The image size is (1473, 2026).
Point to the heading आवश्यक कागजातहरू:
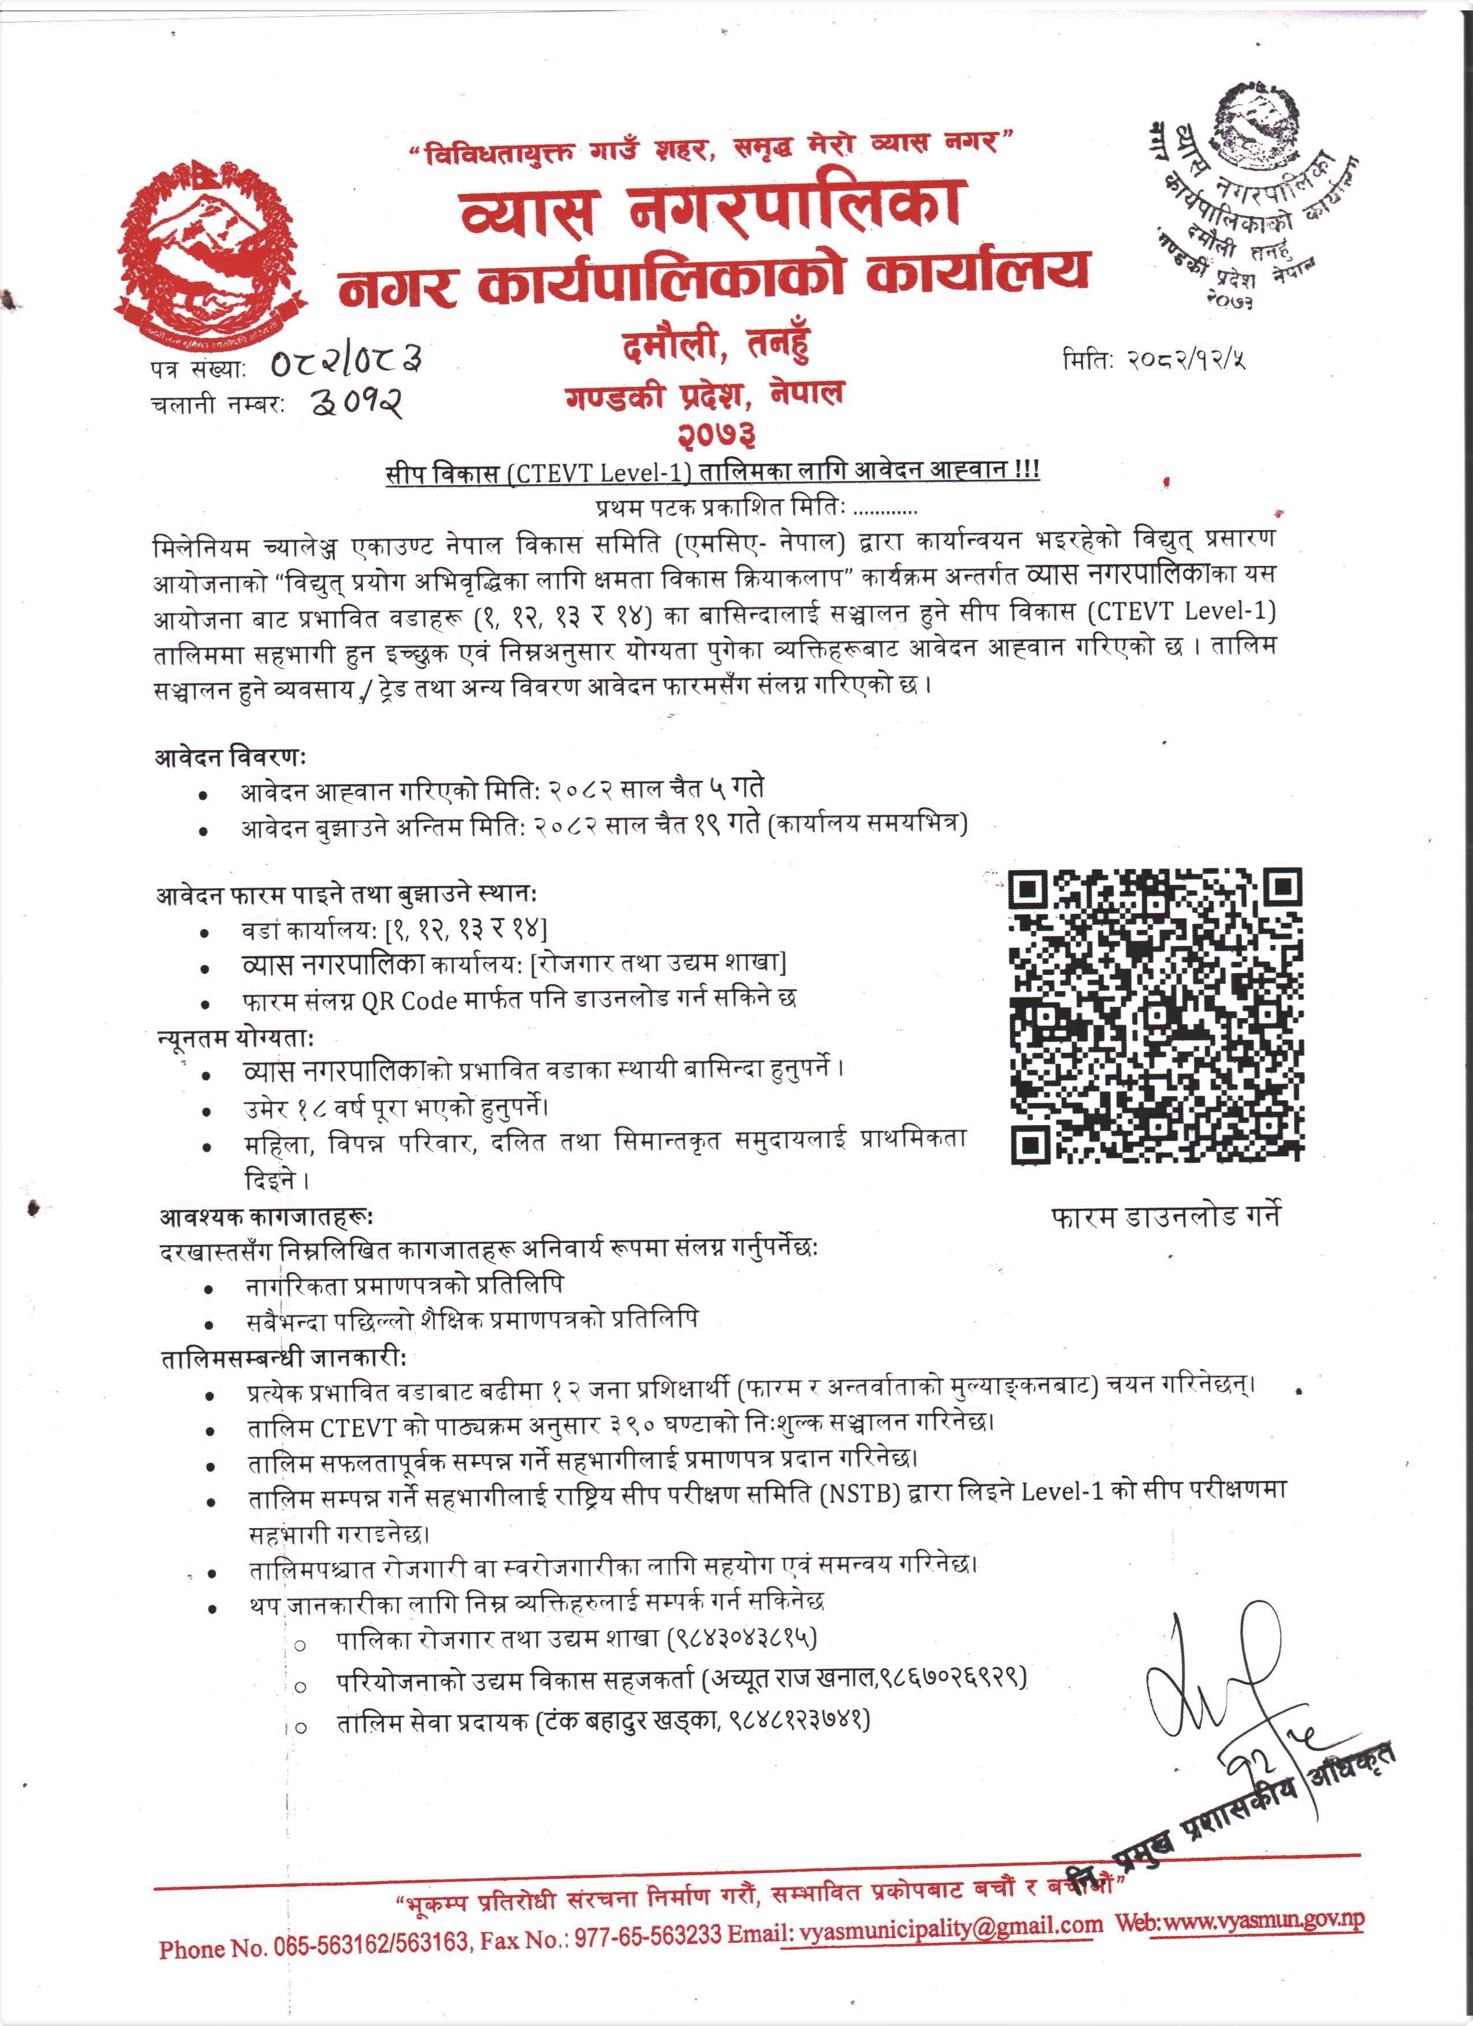[266, 1217]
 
